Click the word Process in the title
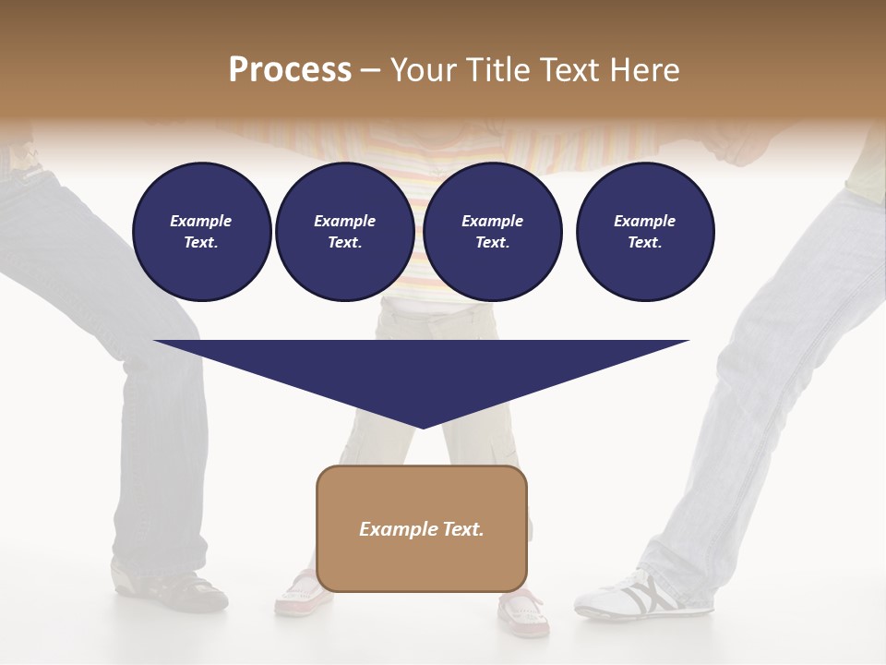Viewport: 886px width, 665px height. pyautogui.click(x=290, y=70)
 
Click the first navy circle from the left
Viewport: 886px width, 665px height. pyautogui.click(x=201, y=232)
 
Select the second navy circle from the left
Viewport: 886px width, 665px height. pyautogui.click(x=344, y=232)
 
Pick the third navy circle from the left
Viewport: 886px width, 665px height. pyautogui.click(x=492, y=232)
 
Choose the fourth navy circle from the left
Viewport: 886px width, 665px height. pyautogui.click(x=644, y=232)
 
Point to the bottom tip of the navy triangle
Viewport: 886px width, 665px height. pyautogui.click(x=422, y=427)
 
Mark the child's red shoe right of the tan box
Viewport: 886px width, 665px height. pyautogui.click(x=524, y=613)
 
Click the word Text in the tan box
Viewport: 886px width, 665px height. pyautogui.click(x=461, y=529)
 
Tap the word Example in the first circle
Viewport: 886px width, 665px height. pyautogui.click(x=201, y=221)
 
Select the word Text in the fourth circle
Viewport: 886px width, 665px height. pyautogui.click(x=644, y=243)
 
